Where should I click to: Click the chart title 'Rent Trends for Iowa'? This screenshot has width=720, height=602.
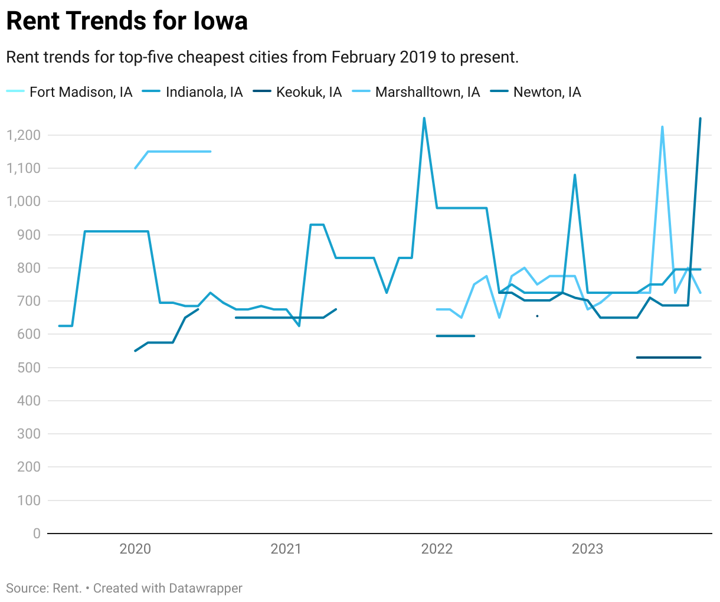click(x=127, y=21)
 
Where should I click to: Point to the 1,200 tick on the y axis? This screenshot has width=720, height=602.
click(x=24, y=135)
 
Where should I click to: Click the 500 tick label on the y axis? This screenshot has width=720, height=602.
click(x=28, y=367)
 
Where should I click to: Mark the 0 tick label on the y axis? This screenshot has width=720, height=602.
click(x=37, y=533)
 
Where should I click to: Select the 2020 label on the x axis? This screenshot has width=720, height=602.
click(x=135, y=549)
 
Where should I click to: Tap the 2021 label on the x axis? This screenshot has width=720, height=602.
click(x=286, y=549)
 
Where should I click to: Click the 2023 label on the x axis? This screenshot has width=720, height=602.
click(x=587, y=549)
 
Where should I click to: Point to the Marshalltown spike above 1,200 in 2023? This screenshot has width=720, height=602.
click(x=662, y=127)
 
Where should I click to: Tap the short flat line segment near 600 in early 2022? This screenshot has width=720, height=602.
click(x=455, y=336)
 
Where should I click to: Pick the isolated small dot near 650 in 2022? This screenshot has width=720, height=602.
click(x=537, y=316)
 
